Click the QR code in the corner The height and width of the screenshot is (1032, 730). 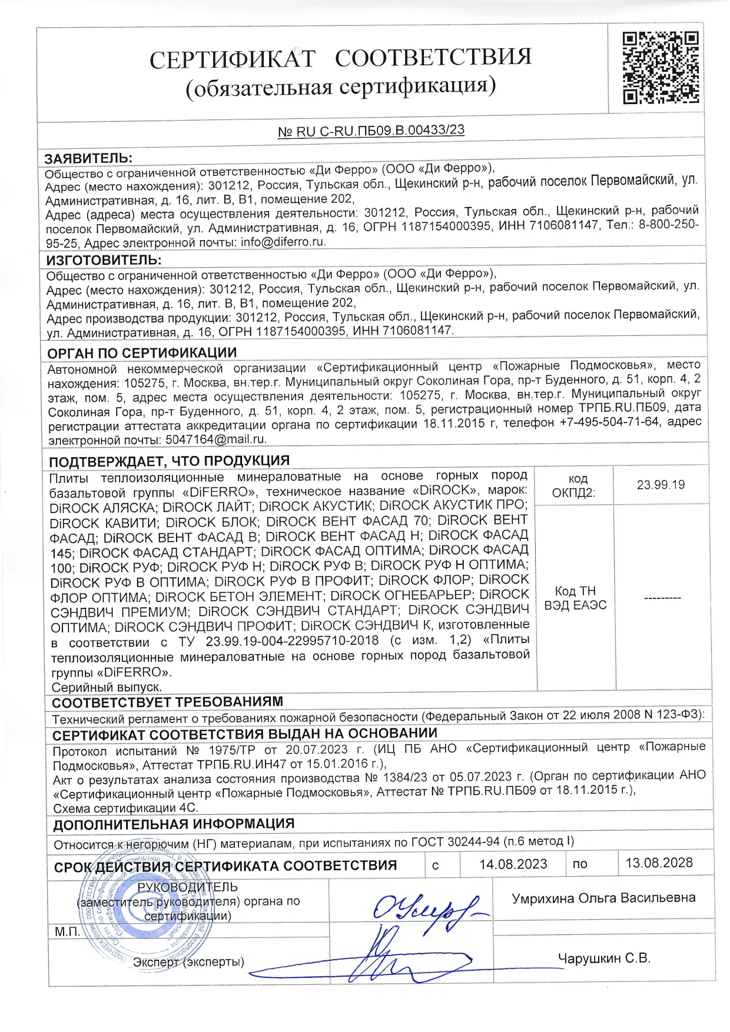tap(661, 68)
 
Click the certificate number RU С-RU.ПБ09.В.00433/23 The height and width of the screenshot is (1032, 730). tap(371, 131)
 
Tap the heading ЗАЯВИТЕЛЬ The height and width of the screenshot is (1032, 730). tap(88, 158)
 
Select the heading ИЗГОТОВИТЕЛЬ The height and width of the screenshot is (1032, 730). tap(104, 260)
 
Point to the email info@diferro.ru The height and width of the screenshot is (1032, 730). tap(283, 242)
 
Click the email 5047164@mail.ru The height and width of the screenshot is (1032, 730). tap(216, 439)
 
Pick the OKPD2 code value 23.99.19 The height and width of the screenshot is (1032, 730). tap(661, 485)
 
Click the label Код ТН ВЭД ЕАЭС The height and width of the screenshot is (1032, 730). tap(575, 598)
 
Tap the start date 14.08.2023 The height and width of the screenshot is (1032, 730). tap(513, 864)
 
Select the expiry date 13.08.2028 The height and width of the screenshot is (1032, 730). tap(659, 863)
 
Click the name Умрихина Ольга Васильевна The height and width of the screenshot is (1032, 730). tap(603, 898)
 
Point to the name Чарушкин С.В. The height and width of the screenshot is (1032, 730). tap(604, 958)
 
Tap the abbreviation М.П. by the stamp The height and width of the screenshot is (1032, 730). tap(67, 932)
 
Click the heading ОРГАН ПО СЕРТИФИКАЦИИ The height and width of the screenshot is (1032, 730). tap(142, 353)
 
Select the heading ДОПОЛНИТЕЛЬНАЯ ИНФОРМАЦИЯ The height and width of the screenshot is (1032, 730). tap(174, 824)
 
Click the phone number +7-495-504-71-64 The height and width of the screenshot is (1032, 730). tap(609, 422)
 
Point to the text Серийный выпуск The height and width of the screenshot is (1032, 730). tap(107, 687)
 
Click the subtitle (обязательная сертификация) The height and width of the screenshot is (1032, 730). tap(341, 86)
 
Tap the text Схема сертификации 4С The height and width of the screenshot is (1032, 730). tap(125, 808)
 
